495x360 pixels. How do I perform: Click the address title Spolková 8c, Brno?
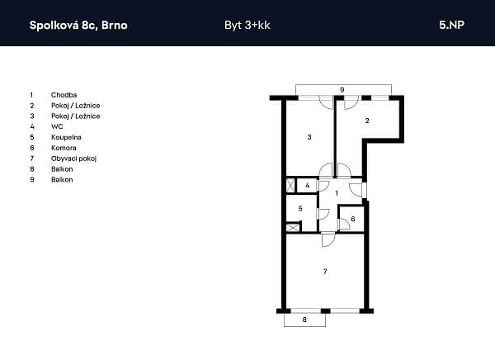pyautogui.click(x=78, y=26)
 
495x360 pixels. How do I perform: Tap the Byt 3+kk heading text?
pyautogui.click(x=247, y=26)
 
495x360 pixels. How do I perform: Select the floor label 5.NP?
pyautogui.click(x=451, y=25)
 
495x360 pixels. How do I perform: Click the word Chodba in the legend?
pyautogui.click(x=64, y=95)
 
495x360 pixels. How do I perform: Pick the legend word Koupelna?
pyautogui.click(x=66, y=137)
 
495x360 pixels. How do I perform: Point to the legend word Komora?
pyautogui.click(x=64, y=148)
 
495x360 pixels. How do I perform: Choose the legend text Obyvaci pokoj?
pyautogui.click(x=73, y=159)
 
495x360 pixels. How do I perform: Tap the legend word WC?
pyautogui.click(x=57, y=126)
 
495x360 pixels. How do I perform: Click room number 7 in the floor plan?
pyautogui.click(x=325, y=271)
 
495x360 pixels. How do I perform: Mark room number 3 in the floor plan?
pyautogui.click(x=309, y=137)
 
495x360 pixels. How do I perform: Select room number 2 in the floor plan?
pyautogui.click(x=367, y=121)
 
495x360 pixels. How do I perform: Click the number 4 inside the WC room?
pyautogui.click(x=307, y=186)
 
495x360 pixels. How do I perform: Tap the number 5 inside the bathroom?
pyautogui.click(x=300, y=209)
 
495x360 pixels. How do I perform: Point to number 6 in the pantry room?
pyautogui.click(x=353, y=219)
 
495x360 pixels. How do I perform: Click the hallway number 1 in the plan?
pyautogui.click(x=337, y=193)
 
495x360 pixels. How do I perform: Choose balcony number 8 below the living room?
pyautogui.click(x=304, y=320)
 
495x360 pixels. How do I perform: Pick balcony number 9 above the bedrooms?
pyautogui.click(x=342, y=90)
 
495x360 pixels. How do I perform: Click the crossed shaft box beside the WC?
pyautogui.click(x=290, y=185)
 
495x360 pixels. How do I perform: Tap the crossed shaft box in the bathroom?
pyautogui.click(x=292, y=227)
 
